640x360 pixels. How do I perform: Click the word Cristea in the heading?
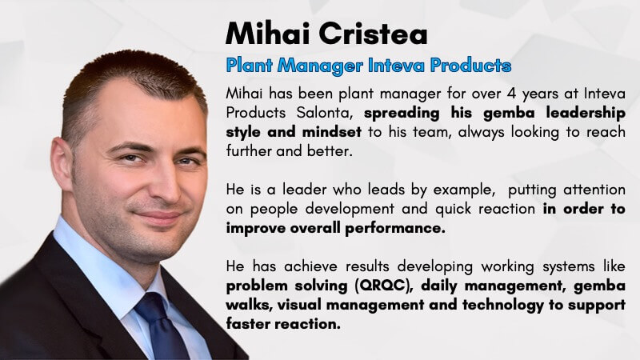373,33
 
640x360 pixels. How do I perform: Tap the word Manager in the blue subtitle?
321,66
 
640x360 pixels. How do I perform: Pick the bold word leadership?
586,114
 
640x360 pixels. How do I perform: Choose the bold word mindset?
332,132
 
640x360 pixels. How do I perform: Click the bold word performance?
395,229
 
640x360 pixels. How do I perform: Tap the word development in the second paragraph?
350,210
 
